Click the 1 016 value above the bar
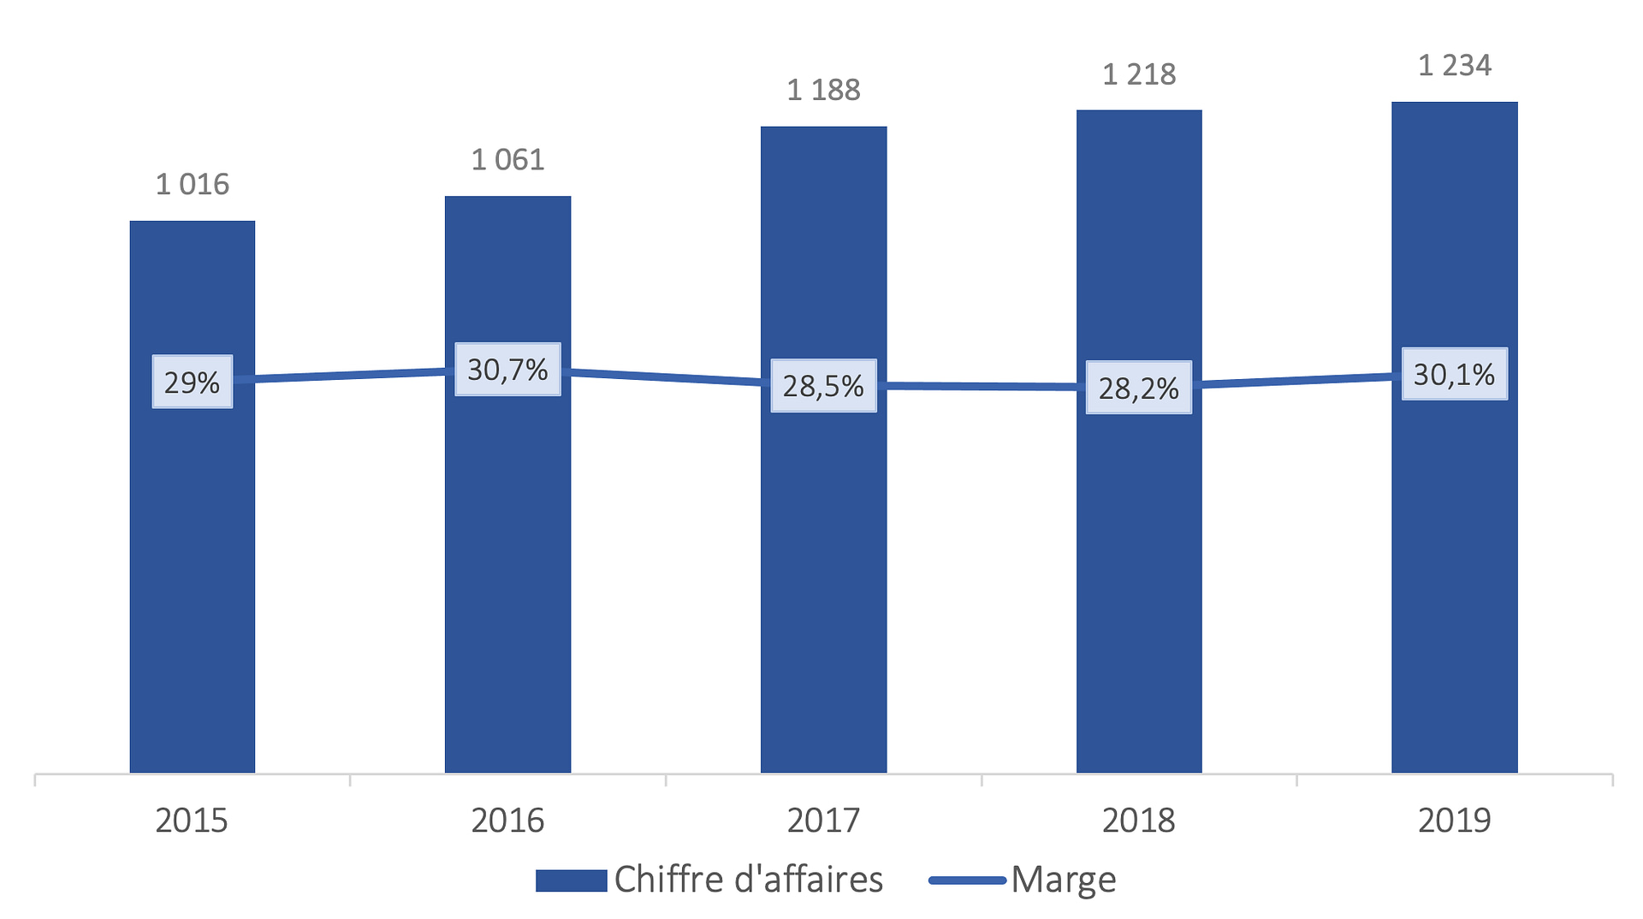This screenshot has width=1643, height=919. coord(193,184)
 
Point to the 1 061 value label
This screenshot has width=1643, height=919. coord(507,159)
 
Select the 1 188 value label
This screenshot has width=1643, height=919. coord(823,90)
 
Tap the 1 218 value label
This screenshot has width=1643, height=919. coord(1139,74)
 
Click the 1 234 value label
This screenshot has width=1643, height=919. coord(1454,65)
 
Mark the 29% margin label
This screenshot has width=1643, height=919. coord(193,382)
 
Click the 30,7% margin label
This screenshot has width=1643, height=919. coord(507,370)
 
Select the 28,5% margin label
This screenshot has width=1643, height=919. coord(823,386)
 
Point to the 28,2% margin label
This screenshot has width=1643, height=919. coord(1139,388)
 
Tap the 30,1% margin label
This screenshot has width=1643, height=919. coord(1454,374)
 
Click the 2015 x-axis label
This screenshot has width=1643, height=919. coord(192,821)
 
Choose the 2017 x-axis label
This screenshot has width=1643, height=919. coord(823,821)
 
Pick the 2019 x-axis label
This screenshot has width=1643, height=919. coord(1454,821)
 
